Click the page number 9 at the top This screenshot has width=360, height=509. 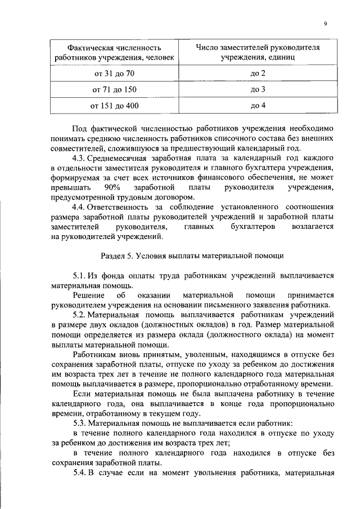[326, 23]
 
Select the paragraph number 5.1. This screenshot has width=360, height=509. [79, 276]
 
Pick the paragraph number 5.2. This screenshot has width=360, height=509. [79, 314]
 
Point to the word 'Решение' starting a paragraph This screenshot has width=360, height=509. [88, 295]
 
